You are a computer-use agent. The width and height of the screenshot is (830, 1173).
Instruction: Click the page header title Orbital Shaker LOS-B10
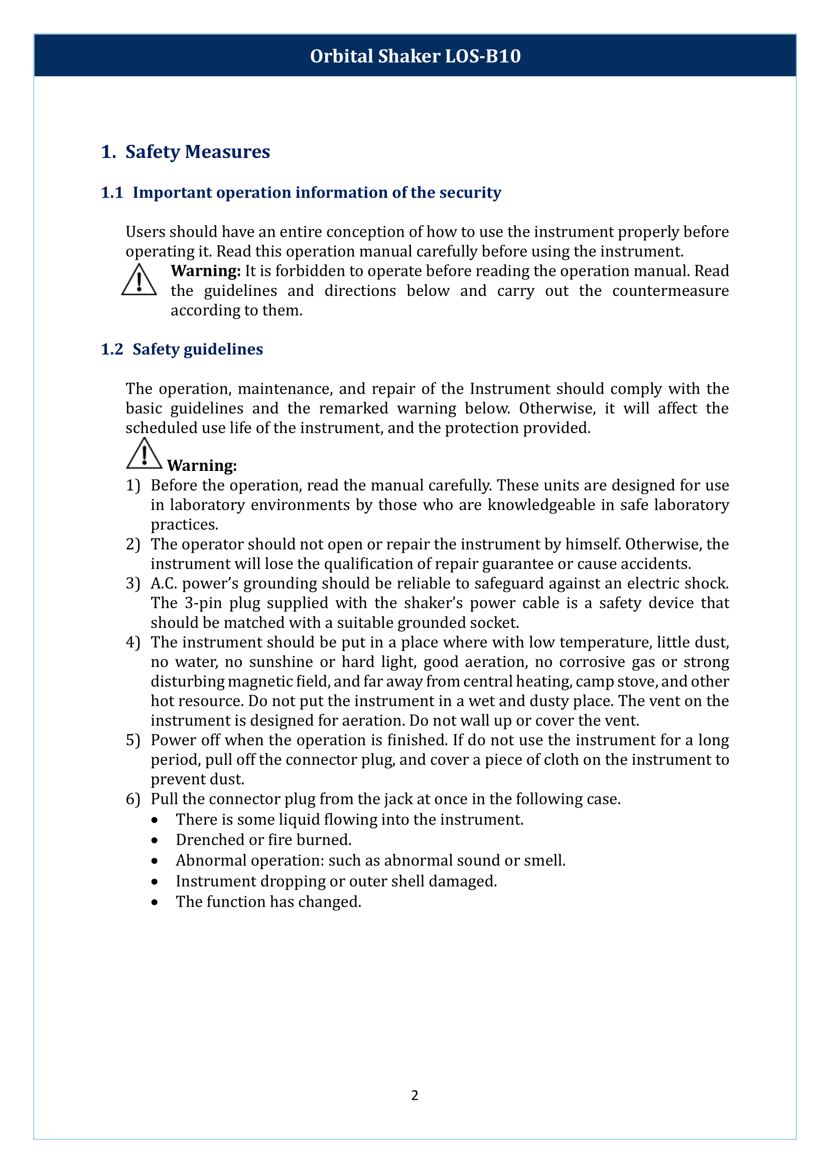[x=415, y=56]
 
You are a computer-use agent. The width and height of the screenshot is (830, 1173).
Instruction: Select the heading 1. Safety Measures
[x=186, y=152]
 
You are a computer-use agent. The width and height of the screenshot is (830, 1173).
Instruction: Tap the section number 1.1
[x=112, y=193]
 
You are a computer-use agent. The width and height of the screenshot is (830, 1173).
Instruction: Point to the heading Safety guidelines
[x=198, y=349]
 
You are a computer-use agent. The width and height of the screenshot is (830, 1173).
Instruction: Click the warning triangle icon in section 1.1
[x=139, y=280]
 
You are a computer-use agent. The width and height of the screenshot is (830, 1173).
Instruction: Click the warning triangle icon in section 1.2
[x=144, y=453]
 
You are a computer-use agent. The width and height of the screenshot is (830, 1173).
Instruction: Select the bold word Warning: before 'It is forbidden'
[x=205, y=271]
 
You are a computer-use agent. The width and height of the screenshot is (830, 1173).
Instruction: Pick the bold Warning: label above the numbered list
[x=202, y=465]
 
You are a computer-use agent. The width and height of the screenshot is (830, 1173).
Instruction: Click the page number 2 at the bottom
[x=414, y=1095]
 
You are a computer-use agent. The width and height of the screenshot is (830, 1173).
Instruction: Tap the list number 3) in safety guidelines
[x=133, y=583]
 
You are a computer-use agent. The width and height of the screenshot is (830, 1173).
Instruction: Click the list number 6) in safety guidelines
[x=133, y=799]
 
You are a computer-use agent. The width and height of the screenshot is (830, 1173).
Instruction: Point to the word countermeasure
[x=670, y=291]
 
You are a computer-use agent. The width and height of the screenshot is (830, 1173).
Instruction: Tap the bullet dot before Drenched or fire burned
[x=155, y=841]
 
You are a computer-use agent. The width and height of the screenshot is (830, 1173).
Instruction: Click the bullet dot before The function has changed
[x=155, y=902]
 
